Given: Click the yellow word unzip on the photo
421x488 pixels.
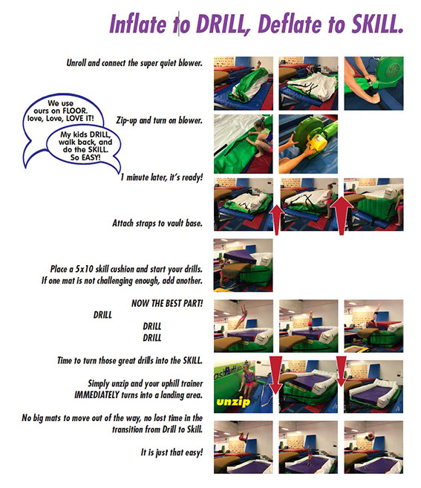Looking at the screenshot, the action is point(232,402).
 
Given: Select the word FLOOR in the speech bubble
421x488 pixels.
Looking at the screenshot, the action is point(75,111).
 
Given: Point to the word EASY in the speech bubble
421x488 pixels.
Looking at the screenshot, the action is point(90,157).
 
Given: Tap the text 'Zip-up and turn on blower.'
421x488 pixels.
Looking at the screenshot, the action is point(159,120).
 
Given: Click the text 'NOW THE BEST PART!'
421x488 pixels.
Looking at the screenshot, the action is point(167,303).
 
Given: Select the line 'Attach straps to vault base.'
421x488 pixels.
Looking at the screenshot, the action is point(157,223).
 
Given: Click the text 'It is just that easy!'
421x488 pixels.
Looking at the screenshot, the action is point(172,452).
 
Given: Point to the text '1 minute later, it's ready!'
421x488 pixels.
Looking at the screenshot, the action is point(162,178).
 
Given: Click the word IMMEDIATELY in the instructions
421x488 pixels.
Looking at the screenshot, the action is point(97,395).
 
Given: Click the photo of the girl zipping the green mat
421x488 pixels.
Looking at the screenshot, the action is point(243,144).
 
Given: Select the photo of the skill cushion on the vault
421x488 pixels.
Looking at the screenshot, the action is point(243,265).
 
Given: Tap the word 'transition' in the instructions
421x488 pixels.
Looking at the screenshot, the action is point(128,429).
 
